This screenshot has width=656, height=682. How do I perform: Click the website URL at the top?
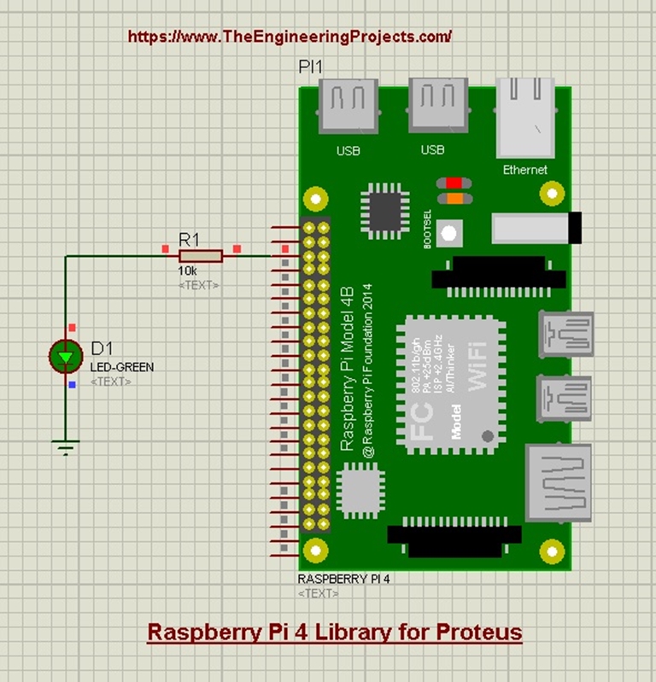[290, 37]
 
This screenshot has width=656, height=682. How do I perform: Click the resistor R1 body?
[201, 255]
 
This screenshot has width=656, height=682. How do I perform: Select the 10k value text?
[187, 270]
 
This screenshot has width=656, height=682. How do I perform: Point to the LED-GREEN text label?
[122, 367]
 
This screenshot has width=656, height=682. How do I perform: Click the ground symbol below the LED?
[65, 446]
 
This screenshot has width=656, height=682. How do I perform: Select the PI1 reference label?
[310, 67]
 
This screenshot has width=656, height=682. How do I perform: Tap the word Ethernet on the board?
[524, 170]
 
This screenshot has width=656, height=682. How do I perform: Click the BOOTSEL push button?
[450, 232]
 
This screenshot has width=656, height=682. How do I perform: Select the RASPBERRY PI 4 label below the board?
[343, 577]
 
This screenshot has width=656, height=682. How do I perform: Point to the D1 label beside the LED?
[102, 348]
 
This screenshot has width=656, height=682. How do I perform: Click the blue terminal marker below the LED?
[72, 384]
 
